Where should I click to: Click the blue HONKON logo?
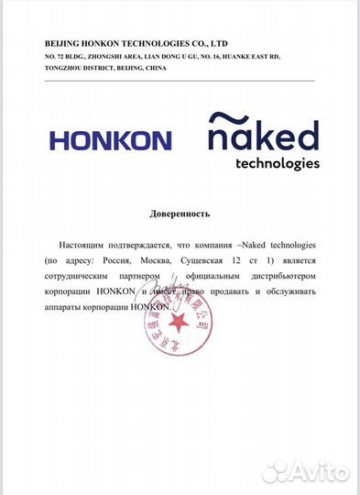coord(110,140)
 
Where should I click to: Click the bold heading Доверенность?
coord(180,214)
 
